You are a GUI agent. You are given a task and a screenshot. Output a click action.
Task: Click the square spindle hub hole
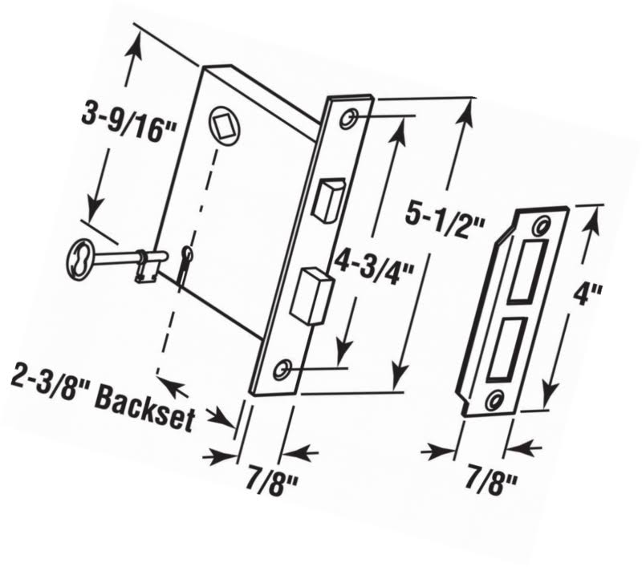(x=226, y=125)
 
